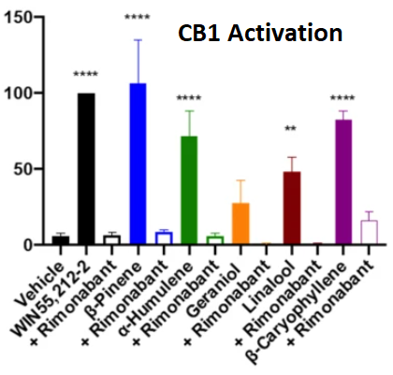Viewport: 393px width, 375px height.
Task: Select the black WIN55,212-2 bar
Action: [x=86, y=168]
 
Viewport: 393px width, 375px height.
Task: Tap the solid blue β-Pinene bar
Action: [x=138, y=165]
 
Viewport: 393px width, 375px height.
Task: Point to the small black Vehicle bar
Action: [x=61, y=240]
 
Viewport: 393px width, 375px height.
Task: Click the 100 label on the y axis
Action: [x=22, y=94]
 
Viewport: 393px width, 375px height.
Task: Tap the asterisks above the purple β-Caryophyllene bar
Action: [x=343, y=99]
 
